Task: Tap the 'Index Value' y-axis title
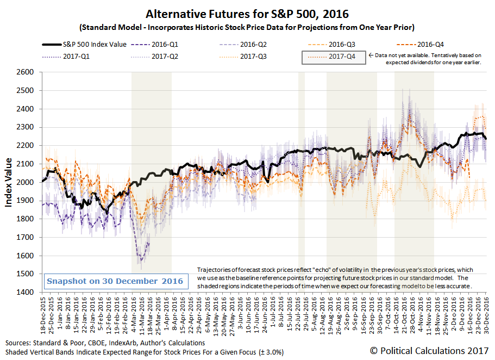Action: click(x=9, y=182)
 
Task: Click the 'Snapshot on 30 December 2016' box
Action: click(x=114, y=282)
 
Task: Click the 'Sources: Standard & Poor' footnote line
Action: click(x=105, y=343)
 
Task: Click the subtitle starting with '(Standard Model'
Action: click(x=247, y=27)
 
